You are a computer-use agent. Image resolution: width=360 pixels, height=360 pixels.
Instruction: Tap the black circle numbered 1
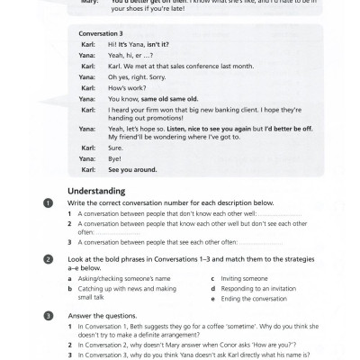tap(48, 204)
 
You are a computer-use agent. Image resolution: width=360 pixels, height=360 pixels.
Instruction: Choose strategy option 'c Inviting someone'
tap(227, 277)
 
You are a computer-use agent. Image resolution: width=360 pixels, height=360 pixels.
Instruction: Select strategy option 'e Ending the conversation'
tap(243, 299)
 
